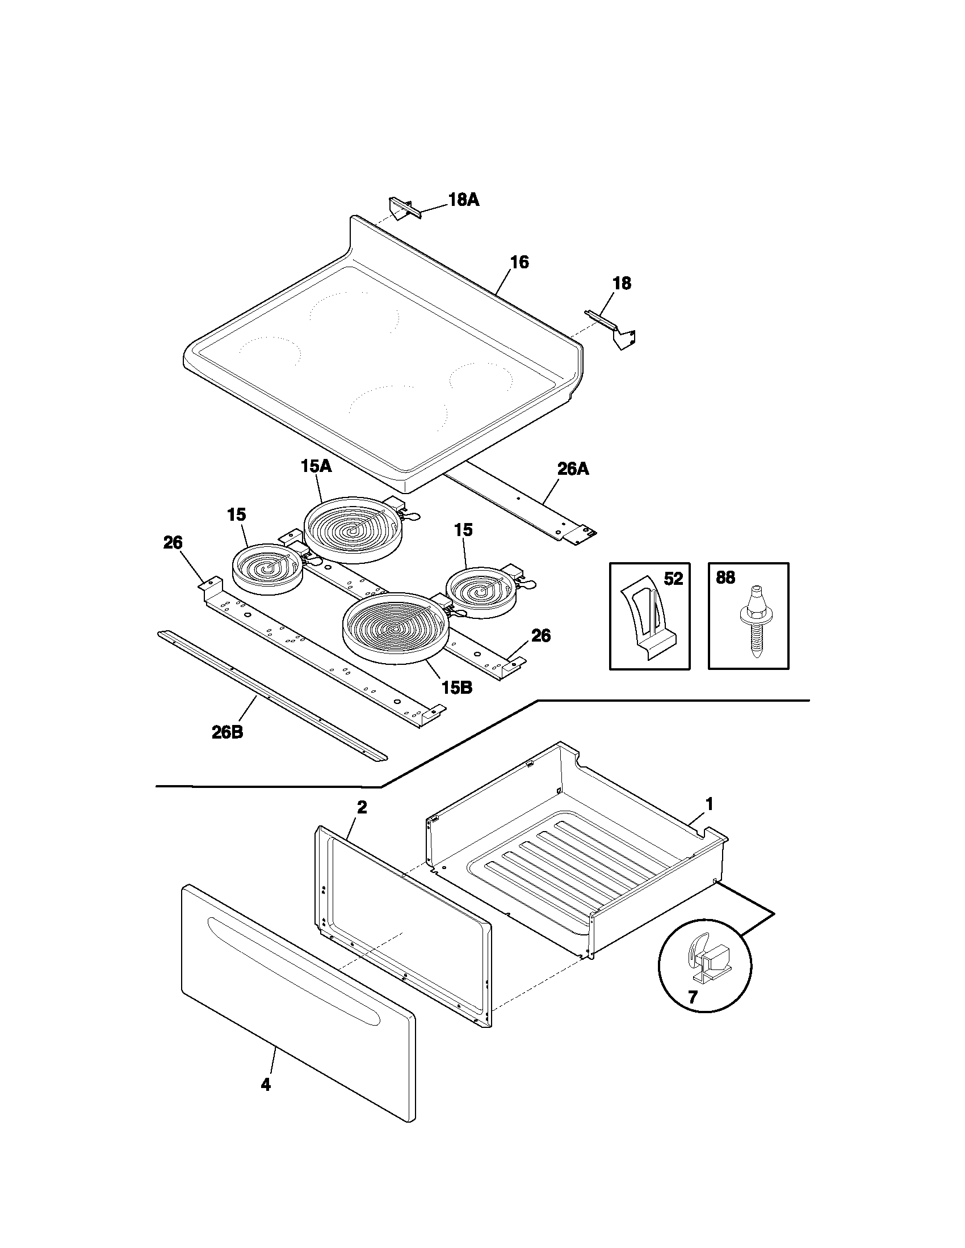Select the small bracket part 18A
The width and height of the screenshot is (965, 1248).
(404, 208)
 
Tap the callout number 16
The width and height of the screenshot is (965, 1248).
(519, 262)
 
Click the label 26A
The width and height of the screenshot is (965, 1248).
(573, 469)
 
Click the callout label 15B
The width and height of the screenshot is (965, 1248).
(456, 688)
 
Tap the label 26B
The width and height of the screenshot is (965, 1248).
(227, 732)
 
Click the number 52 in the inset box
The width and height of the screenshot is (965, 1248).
(673, 579)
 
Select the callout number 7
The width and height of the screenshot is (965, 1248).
(693, 997)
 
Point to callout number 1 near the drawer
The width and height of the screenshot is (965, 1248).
(709, 804)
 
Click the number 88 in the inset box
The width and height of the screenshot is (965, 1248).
(725, 577)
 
